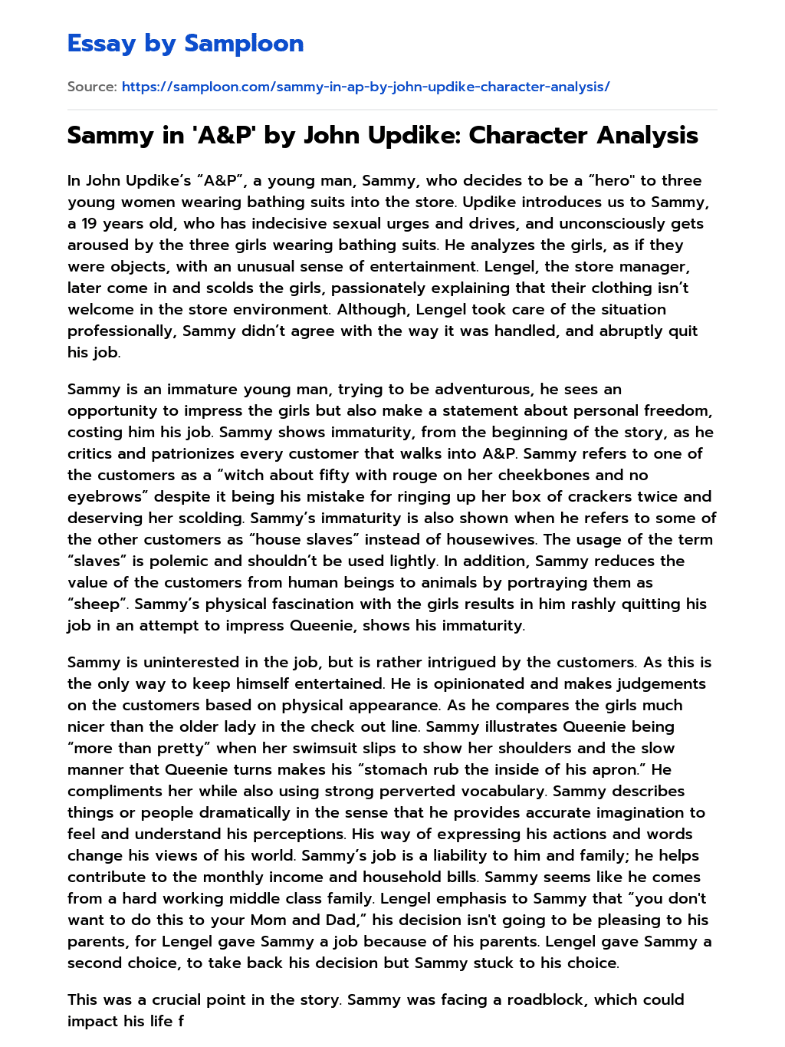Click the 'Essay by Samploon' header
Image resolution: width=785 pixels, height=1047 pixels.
coord(186,44)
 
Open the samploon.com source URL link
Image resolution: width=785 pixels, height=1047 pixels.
coord(366,87)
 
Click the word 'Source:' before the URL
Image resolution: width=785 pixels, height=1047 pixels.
coord(92,87)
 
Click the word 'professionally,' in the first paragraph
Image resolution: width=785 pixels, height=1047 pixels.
coord(122,331)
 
